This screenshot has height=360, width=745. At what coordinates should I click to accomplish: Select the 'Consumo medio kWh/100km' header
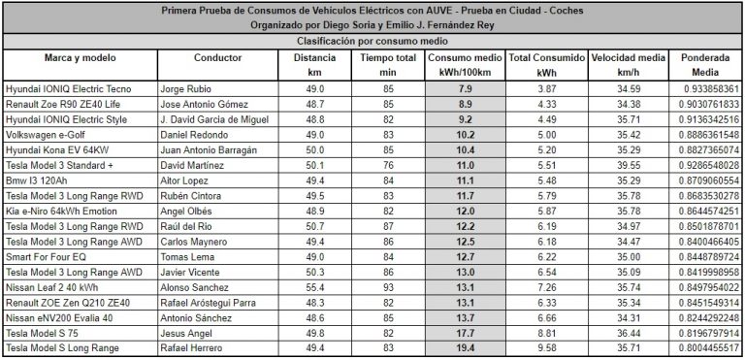pos(464,65)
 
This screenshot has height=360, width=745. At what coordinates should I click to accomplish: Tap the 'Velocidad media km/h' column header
pos(629,65)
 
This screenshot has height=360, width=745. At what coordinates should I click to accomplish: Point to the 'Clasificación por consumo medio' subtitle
pos(372,42)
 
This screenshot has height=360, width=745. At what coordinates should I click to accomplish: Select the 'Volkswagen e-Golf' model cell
pos(45,135)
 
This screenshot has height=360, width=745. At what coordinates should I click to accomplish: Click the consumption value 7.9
pos(465,88)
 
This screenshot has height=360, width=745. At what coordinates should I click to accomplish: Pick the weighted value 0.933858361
pos(705,88)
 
